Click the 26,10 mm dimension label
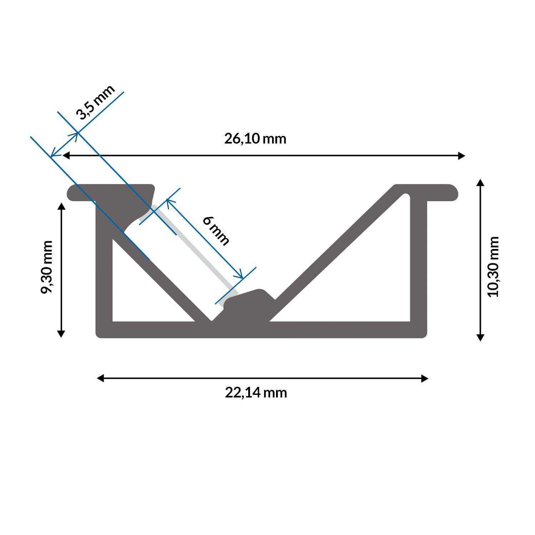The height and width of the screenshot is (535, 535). [255, 139]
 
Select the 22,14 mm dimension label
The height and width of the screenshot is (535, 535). [256, 393]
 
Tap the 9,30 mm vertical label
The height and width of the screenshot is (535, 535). [47, 267]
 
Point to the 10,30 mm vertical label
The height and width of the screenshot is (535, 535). [493, 266]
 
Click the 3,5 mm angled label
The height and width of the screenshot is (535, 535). [95, 102]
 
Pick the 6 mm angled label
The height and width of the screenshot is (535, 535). [216, 231]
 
